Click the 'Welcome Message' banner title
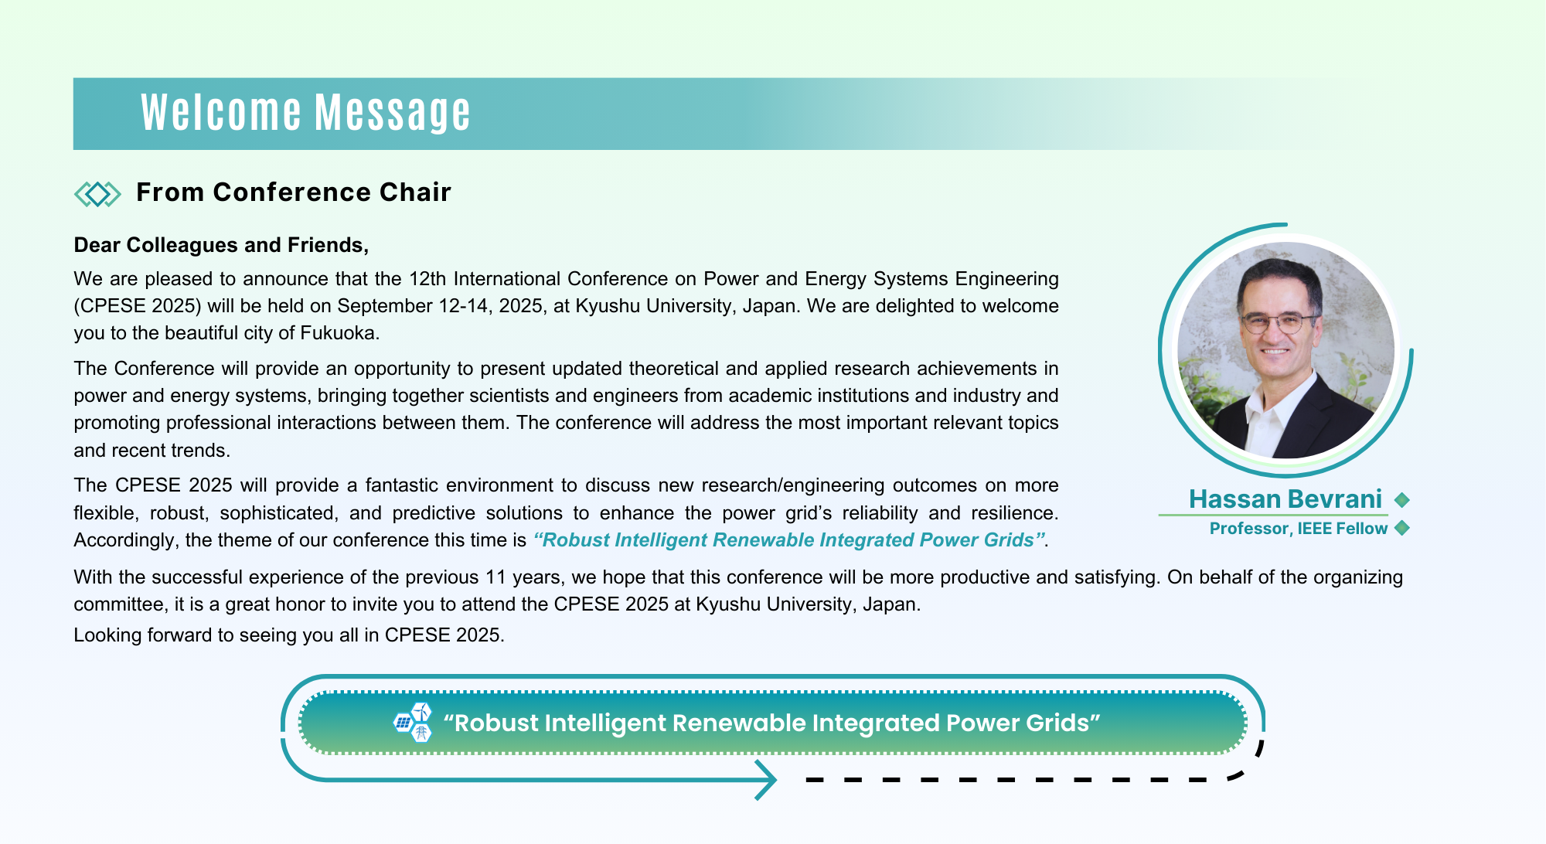305,113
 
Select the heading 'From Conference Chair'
294,192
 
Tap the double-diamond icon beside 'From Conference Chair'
97,194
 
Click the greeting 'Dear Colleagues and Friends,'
221,245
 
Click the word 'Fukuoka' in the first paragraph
338,333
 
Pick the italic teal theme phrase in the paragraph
789,540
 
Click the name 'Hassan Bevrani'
1285,499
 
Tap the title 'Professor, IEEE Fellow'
1299,529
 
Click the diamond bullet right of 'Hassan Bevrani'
1402,500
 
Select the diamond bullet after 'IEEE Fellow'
1402,528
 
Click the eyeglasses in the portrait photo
1279,323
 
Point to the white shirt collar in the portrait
1268,417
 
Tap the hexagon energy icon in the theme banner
413,723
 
